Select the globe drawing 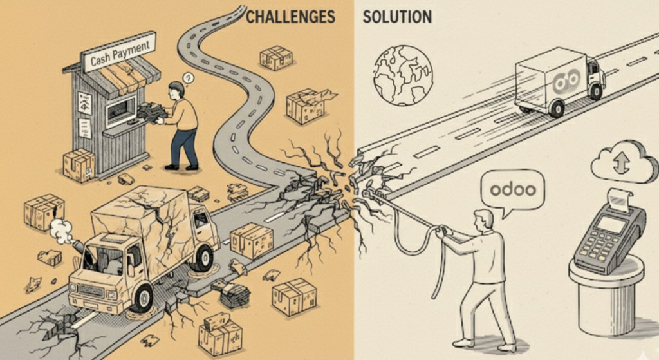(x=404, y=74)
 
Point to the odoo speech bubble (x=512, y=190)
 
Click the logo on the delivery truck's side (x=566, y=80)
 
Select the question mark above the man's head (x=189, y=78)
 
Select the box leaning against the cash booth (x=79, y=164)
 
